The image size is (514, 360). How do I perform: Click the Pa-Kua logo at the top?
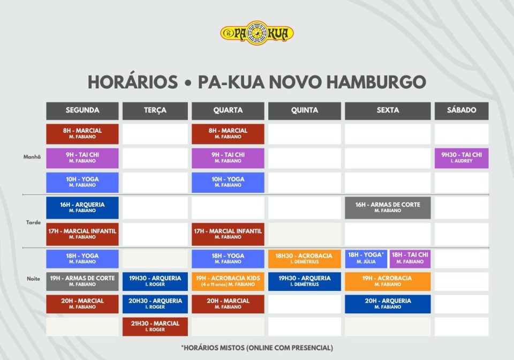[x=256, y=33]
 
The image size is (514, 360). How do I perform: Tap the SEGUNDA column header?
[x=82, y=110]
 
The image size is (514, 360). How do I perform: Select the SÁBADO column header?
[x=462, y=110]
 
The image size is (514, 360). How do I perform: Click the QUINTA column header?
[x=305, y=110]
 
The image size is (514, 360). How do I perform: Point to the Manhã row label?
[x=32, y=157]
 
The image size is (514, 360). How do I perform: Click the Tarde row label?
[x=33, y=222]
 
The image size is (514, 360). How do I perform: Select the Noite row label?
[x=33, y=279]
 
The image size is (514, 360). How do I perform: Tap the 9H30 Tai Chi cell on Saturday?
[x=462, y=158]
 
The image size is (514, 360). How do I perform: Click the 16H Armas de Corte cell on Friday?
[x=388, y=207]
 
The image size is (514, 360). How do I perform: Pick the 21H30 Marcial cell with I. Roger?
[x=155, y=327]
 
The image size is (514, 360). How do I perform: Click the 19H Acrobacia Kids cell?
[x=228, y=281]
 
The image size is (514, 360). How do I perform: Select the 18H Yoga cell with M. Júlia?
[x=366, y=259]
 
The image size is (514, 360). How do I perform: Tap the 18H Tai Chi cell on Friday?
[x=410, y=259]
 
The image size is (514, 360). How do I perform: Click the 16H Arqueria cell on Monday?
[x=82, y=207]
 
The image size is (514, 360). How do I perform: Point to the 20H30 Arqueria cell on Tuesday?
[x=155, y=304]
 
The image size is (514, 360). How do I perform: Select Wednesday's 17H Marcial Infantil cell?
[x=228, y=234]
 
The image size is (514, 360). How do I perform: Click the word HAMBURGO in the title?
[x=376, y=82]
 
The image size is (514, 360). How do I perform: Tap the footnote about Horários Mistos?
[x=257, y=348]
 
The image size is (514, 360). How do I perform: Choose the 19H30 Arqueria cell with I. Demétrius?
[x=305, y=281]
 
